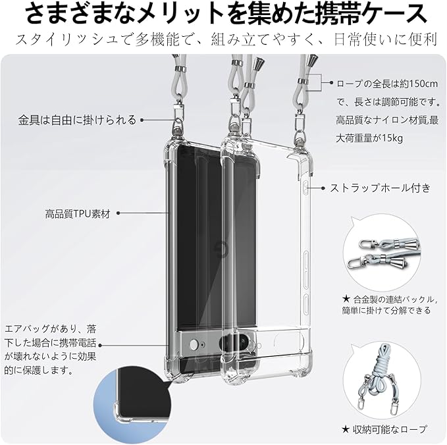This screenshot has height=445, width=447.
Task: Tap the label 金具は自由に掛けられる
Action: point(78,120)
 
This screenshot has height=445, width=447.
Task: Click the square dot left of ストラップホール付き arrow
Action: point(324,188)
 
